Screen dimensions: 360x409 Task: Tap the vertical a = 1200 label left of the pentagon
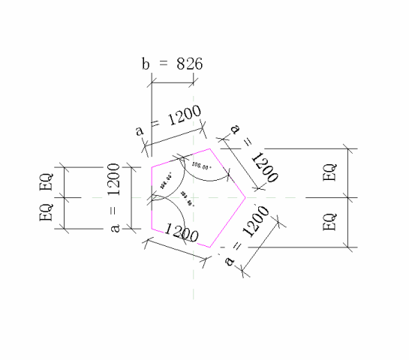(x=114, y=198)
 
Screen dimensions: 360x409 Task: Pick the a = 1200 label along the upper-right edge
(x=254, y=154)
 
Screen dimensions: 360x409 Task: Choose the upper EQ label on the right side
(x=329, y=172)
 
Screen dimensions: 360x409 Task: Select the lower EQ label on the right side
(x=329, y=222)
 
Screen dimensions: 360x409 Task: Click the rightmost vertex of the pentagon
(x=245, y=198)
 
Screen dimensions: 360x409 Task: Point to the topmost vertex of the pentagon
(x=209, y=148)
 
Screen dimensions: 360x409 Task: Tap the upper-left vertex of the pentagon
(x=152, y=166)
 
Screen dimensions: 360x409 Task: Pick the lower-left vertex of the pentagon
(x=152, y=228)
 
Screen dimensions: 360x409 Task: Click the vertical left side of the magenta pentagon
(x=152, y=197)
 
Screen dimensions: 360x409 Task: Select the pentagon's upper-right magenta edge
(x=227, y=173)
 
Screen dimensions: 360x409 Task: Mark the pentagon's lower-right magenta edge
(x=227, y=222)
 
